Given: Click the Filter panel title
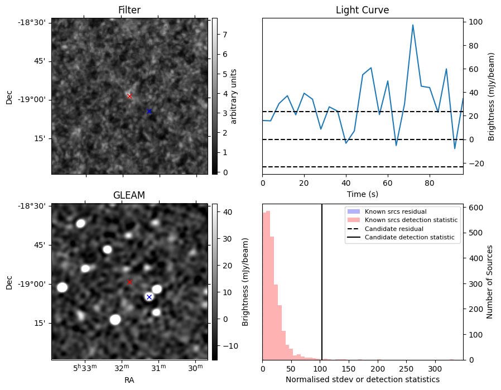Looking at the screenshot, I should [x=129, y=10].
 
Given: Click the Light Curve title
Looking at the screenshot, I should [x=362, y=10].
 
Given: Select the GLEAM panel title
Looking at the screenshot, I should [x=129, y=195].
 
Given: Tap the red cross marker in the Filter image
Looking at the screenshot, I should [x=129, y=96].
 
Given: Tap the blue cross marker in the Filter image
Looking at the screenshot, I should [x=149, y=112].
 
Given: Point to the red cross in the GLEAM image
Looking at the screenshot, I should [x=129, y=282].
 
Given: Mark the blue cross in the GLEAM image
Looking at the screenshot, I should [x=149, y=297].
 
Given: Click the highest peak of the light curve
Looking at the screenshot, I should [x=413, y=25].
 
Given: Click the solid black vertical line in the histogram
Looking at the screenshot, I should [x=322, y=279].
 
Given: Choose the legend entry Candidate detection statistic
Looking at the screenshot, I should [x=410, y=238].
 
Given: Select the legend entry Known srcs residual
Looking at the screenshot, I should [x=396, y=211].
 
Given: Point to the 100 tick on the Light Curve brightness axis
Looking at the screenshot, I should [x=474, y=22].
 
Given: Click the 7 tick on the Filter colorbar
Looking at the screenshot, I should [x=223, y=35].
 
